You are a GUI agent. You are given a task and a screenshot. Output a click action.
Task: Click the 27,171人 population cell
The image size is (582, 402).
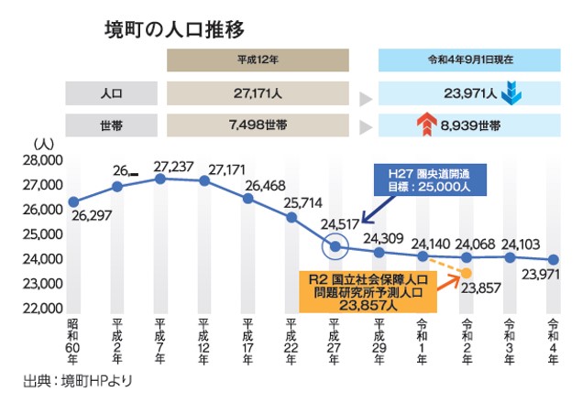tap(257, 92)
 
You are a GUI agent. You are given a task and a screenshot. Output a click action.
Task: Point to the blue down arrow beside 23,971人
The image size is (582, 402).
tap(511, 92)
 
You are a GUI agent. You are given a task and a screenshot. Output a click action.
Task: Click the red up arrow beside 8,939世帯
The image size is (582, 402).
tap(424, 125)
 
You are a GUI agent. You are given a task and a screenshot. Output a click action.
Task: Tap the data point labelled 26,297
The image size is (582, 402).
tap(73, 201)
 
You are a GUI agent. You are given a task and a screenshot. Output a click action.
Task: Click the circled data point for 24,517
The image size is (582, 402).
tap(335, 246)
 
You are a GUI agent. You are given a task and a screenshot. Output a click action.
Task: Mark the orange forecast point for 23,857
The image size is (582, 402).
tap(467, 273)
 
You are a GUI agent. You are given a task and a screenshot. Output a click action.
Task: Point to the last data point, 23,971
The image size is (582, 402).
tap(553, 260)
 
